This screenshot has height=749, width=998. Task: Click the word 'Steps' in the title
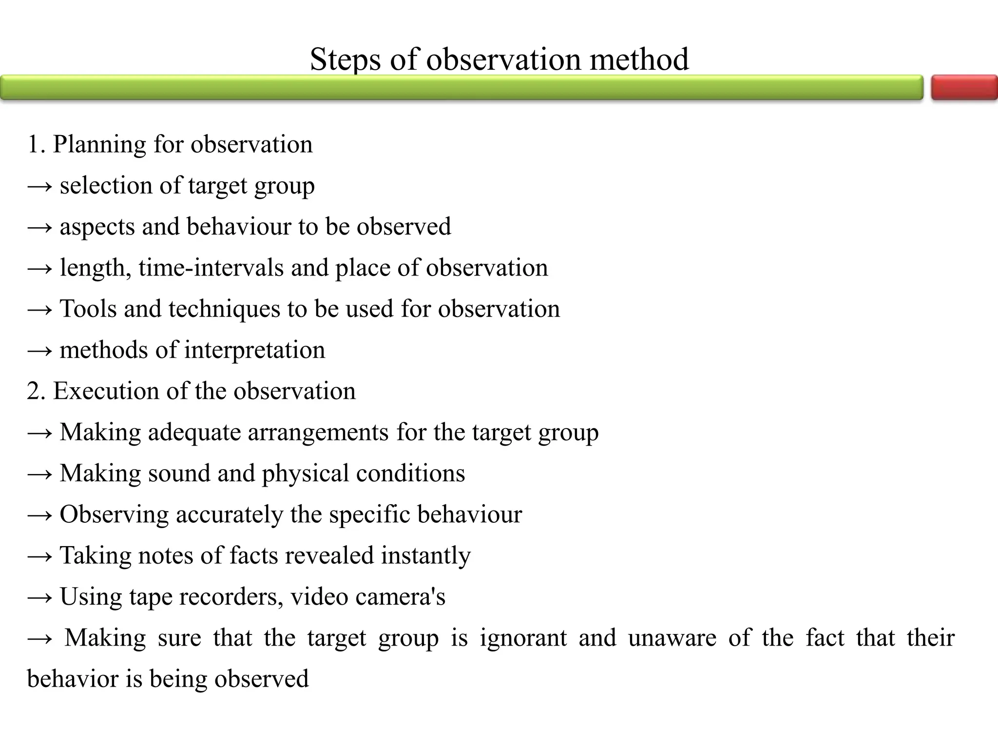345,59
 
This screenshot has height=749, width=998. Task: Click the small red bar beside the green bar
964,88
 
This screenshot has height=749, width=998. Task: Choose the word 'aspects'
97,227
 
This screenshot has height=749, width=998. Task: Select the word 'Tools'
88,309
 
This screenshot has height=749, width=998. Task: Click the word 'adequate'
194,433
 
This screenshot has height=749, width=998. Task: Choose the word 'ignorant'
523,638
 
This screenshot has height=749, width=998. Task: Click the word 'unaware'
672,638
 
